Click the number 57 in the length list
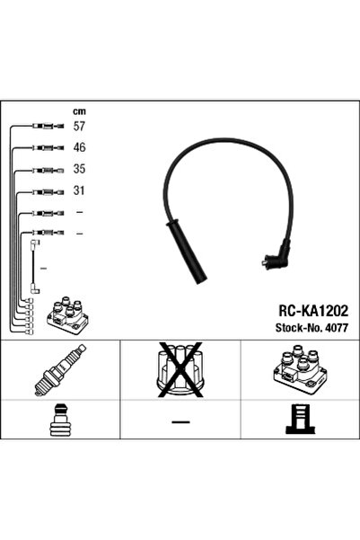pos(79,127)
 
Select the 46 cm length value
pos(79,147)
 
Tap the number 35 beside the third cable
pos(79,169)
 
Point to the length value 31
pos(79,190)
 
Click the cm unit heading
pos(78,111)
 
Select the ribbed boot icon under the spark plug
pos(59,421)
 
